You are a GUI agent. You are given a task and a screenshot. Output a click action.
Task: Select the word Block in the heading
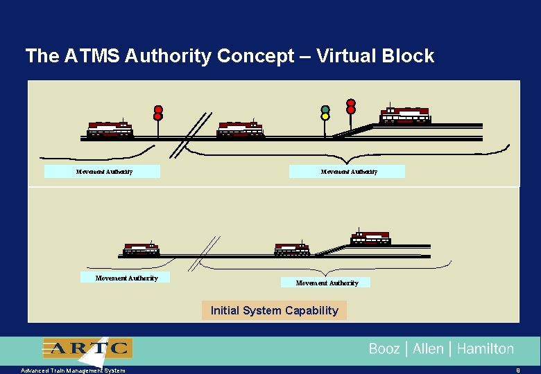[410, 56]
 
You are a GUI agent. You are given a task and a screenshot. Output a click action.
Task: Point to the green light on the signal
[325, 109]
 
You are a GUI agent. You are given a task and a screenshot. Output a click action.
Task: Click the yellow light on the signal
[325, 116]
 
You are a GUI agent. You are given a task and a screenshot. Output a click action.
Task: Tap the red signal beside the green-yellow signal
[351, 105]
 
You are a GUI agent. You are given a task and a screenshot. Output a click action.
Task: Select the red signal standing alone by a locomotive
[158, 113]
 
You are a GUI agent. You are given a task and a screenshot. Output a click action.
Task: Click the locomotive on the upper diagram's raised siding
[405, 116]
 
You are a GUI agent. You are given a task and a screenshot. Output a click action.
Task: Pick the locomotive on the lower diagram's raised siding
[370, 238]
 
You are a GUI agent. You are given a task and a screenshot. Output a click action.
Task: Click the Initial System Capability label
[274, 310]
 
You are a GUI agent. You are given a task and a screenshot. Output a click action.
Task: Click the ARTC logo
[87, 348]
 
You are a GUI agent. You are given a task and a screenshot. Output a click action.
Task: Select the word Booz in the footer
[384, 349]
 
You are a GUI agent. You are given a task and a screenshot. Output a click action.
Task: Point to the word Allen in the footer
[428, 349]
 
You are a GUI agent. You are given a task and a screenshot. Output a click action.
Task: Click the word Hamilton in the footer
[486, 349]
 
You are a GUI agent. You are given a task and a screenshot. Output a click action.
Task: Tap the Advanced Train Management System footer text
[73, 371]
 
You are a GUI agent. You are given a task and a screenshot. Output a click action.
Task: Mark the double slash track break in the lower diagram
[203, 253]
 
